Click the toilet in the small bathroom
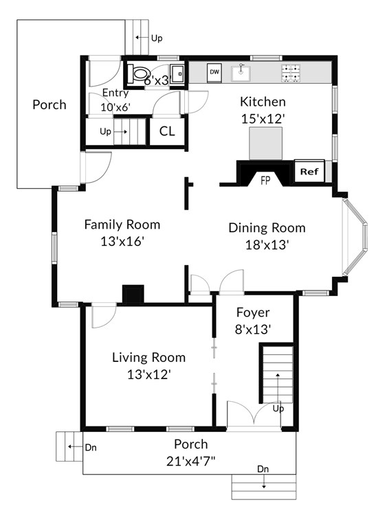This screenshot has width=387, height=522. click(137, 73)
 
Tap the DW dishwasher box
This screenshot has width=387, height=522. click(214, 72)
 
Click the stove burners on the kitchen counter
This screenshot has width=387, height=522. click(291, 73)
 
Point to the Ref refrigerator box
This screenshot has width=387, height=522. click(309, 171)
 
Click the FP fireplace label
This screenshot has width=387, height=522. click(265, 181)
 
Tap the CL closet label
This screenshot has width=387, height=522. click(167, 131)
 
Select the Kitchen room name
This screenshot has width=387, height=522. click(263, 102)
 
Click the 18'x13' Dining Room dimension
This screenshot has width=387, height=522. click(267, 245)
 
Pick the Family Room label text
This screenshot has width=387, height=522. click(122, 225)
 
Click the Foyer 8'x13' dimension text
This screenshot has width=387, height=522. click(253, 330)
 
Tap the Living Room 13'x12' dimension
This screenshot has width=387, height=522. click(149, 375)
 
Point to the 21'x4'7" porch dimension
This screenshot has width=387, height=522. click(191, 461)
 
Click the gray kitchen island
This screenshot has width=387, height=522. click(266, 143)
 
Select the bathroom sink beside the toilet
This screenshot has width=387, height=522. click(177, 73)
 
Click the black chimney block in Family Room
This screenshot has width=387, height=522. click(133, 294)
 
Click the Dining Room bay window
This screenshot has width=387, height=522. click(355, 237)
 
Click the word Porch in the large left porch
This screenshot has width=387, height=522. click(49, 105)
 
